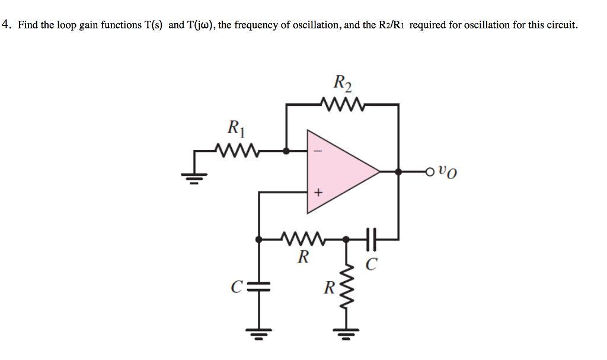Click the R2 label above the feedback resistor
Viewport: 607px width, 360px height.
click(x=343, y=83)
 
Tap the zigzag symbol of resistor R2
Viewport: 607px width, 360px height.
click(x=343, y=104)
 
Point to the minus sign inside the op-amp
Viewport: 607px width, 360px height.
click(x=318, y=152)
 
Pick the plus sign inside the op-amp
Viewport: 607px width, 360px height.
click(x=318, y=192)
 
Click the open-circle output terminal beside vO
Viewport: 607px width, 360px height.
click(x=430, y=172)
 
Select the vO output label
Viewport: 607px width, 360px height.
click(x=448, y=173)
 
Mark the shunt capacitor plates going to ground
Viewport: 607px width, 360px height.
click(x=258, y=288)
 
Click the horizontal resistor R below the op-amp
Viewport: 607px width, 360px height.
click(x=303, y=240)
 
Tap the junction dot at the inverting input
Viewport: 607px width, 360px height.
click(x=286, y=151)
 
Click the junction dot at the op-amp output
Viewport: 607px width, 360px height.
click(x=398, y=172)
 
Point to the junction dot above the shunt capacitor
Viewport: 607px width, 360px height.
click(x=258, y=240)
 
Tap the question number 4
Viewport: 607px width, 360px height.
click(x=6, y=25)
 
